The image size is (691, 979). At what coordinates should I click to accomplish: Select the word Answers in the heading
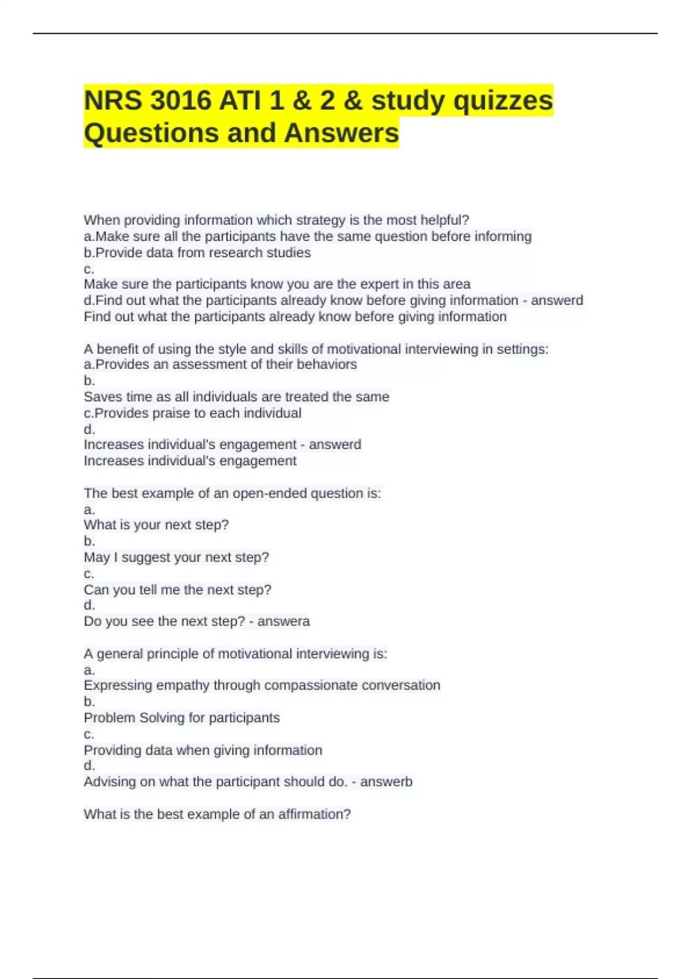click(x=341, y=133)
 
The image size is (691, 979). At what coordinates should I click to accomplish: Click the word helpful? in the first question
click(x=445, y=220)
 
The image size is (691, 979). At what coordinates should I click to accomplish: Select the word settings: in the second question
click(x=523, y=349)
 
